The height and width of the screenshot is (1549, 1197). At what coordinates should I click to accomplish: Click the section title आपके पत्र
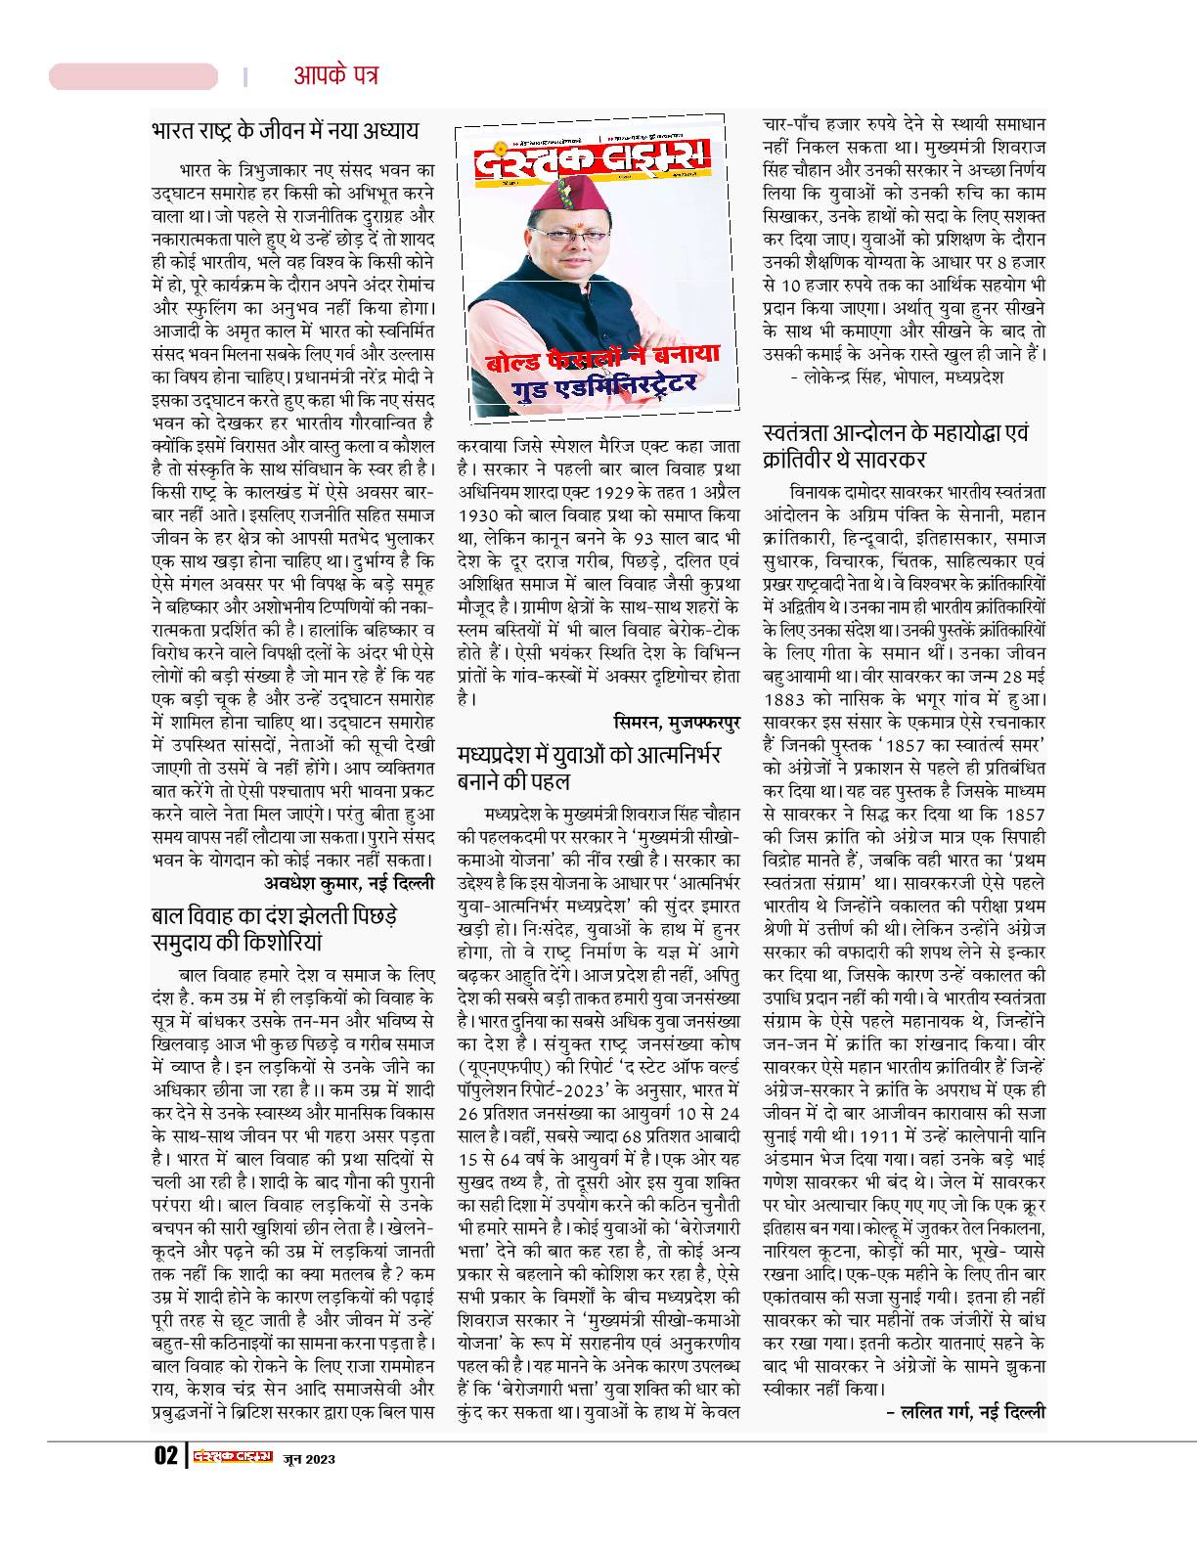point(335,75)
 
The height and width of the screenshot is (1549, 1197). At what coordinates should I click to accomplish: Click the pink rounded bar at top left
point(133,76)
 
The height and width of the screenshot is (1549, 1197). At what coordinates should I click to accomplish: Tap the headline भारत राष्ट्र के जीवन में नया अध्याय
point(286,130)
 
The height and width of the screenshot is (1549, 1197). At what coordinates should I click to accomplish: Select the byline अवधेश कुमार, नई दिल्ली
point(350,882)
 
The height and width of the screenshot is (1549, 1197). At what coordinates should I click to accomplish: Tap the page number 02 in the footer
point(164,1457)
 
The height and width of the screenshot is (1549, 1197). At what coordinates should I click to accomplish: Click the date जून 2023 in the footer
point(309,1458)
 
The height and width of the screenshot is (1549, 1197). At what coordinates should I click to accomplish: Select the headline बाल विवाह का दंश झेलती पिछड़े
point(275,918)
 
